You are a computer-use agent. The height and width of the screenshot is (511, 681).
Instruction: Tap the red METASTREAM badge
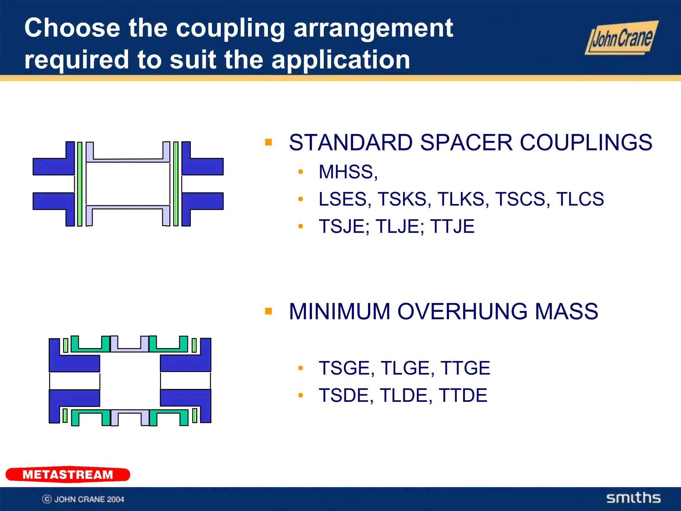pyautogui.click(x=68, y=474)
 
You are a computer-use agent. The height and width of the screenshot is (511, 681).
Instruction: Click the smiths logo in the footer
pyautogui.click(x=633, y=498)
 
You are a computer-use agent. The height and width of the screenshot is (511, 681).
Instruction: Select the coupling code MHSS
pyautogui.click(x=347, y=172)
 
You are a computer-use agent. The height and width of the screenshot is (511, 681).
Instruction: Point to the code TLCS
pyautogui.click(x=580, y=199)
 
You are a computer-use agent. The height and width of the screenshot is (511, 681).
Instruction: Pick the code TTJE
pyautogui.click(x=452, y=227)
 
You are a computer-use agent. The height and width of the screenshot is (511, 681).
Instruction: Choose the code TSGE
pyautogui.click(x=346, y=368)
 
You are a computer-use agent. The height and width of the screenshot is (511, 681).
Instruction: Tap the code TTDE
pyautogui.click(x=463, y=395)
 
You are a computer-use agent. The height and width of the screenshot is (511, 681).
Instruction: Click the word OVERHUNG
pyautogui.click(x=462, y=312)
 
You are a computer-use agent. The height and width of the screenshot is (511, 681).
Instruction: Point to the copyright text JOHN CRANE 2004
pyautogui.click(x=89, y=499)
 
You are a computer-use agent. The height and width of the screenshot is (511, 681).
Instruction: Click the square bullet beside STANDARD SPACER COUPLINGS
pyautogui.click(x=268, y=142)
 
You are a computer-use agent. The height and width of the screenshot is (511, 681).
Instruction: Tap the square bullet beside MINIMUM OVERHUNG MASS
pyautogui.click(x=268, y=311)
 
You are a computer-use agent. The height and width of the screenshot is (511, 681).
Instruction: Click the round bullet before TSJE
pyautogui.click(x=301, y=227)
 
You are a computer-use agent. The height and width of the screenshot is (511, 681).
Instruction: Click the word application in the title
pyautogui.click(x=340, y=60)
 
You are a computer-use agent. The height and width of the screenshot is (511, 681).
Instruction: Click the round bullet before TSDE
pyautogui.click(x=301, y=395)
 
